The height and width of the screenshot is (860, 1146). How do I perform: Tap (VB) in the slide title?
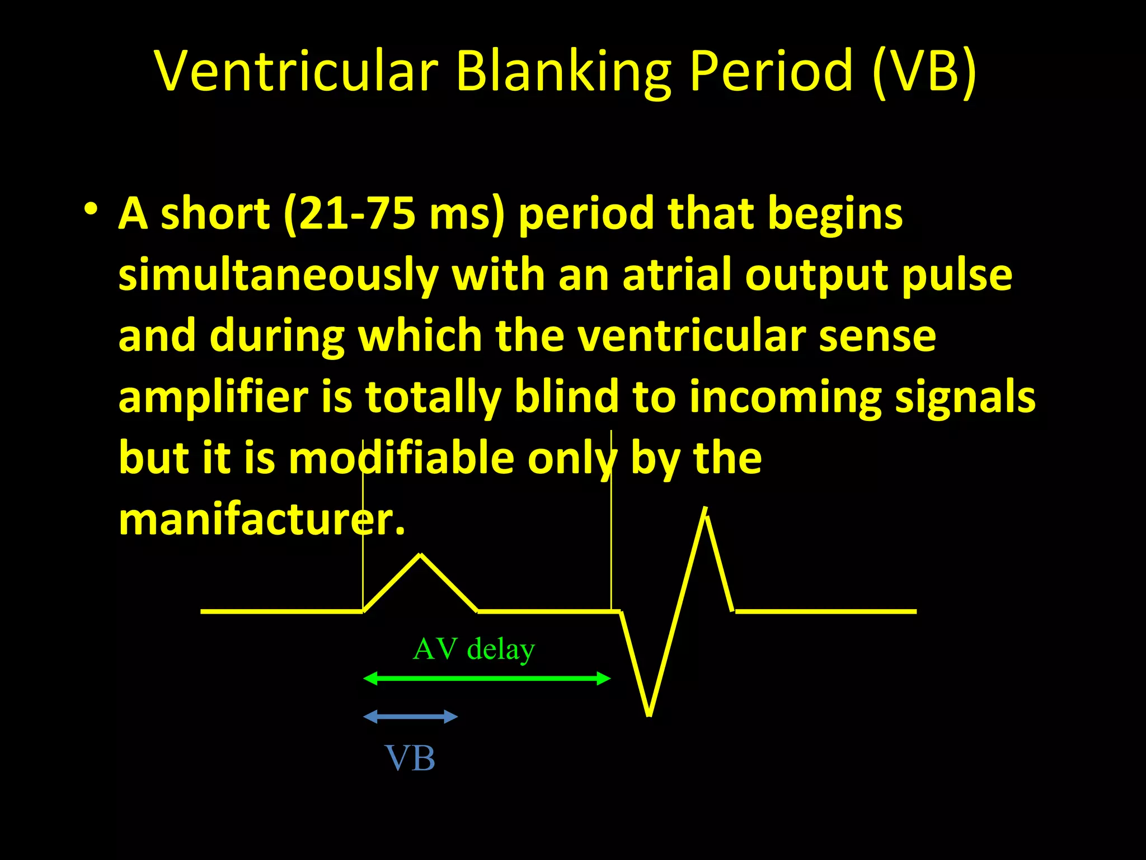924,71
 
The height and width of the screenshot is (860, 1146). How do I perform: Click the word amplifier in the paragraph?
213,396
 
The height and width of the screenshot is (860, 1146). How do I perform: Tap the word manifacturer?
261,520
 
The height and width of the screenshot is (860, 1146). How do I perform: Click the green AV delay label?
473,649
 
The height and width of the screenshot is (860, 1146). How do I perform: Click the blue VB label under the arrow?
410,759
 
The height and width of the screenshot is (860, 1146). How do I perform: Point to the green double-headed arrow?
487,679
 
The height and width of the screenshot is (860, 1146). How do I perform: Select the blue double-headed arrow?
411,717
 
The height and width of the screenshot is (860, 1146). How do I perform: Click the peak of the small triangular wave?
421,555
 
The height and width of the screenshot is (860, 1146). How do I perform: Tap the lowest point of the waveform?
649,714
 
